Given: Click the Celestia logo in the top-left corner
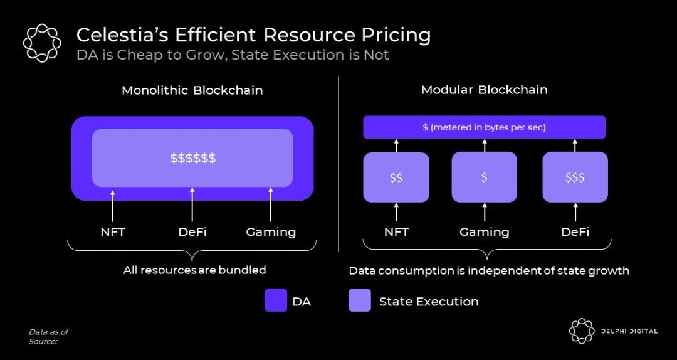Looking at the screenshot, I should point(42,43).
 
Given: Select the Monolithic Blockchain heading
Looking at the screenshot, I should point(192,90).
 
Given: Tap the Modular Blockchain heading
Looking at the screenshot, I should point(484,90).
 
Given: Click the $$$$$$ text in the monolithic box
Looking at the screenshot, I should point(192,158).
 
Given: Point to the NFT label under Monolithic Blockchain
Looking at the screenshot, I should point(113,232).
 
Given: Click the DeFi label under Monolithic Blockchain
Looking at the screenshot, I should point(192,232).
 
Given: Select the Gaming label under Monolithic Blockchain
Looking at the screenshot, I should point(271,232).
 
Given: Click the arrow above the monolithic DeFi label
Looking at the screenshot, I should point(192,204).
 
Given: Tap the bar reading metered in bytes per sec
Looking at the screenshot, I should point(484,127).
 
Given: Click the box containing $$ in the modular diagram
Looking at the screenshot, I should point(396,177).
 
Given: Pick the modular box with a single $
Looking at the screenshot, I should point(484,177).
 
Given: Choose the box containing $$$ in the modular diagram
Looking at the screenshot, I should point(575,177).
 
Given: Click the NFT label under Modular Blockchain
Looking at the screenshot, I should point(396,232).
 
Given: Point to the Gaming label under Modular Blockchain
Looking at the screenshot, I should point(484,232).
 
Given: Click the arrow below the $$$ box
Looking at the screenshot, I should point(575,212).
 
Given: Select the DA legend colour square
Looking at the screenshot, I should point(276,300).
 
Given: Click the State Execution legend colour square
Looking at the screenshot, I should point(360,300).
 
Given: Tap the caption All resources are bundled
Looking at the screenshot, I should point(194,270).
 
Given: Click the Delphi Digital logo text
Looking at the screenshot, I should point(628,331).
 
